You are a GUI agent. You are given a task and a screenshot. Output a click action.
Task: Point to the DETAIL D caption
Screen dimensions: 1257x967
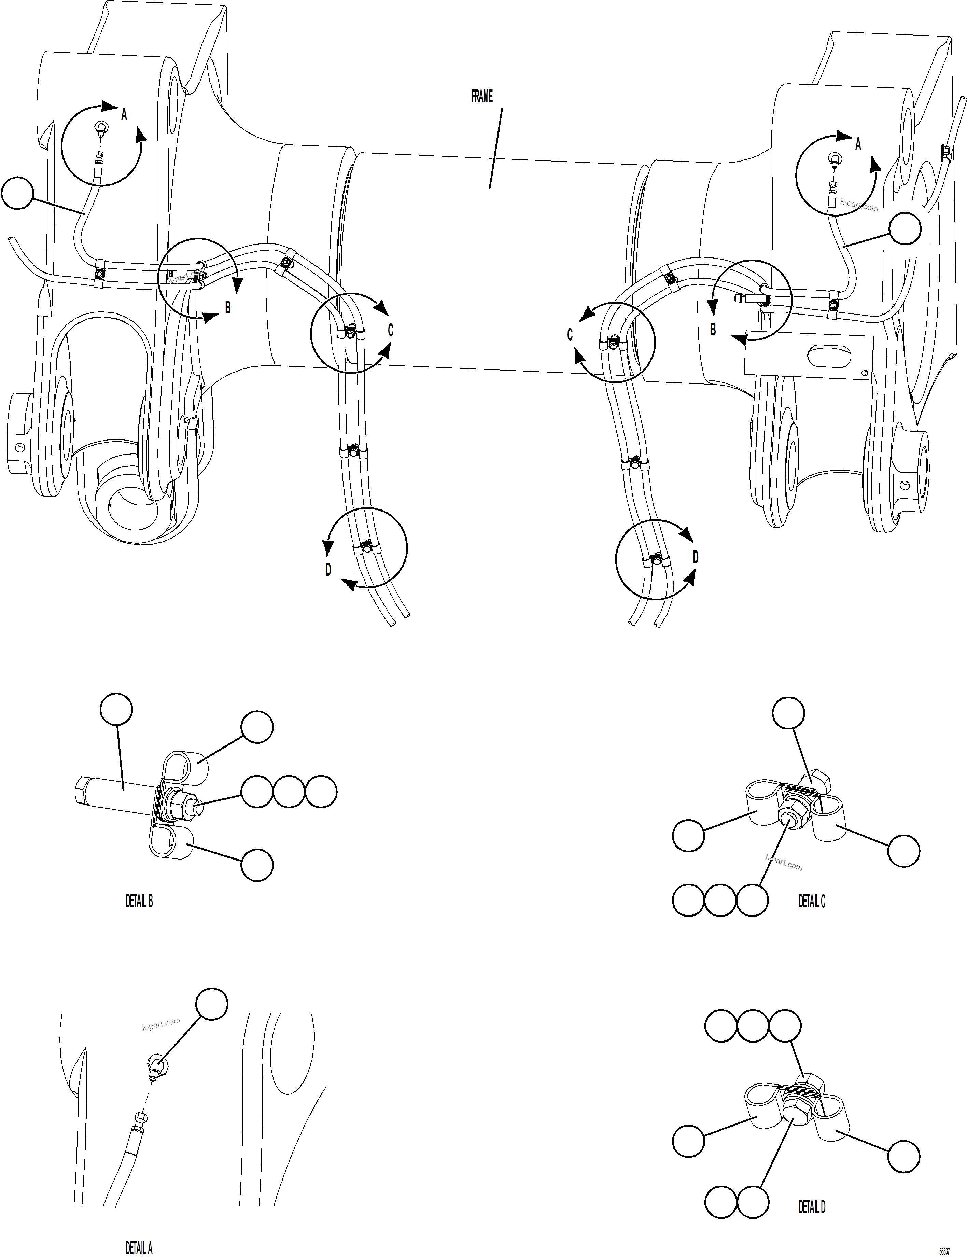click(812, 1207)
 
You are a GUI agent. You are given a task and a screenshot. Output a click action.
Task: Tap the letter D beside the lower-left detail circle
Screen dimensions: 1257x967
click(328, 570)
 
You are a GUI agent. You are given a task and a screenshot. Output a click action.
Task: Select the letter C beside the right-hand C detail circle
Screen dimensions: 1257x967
click(570, 335)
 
